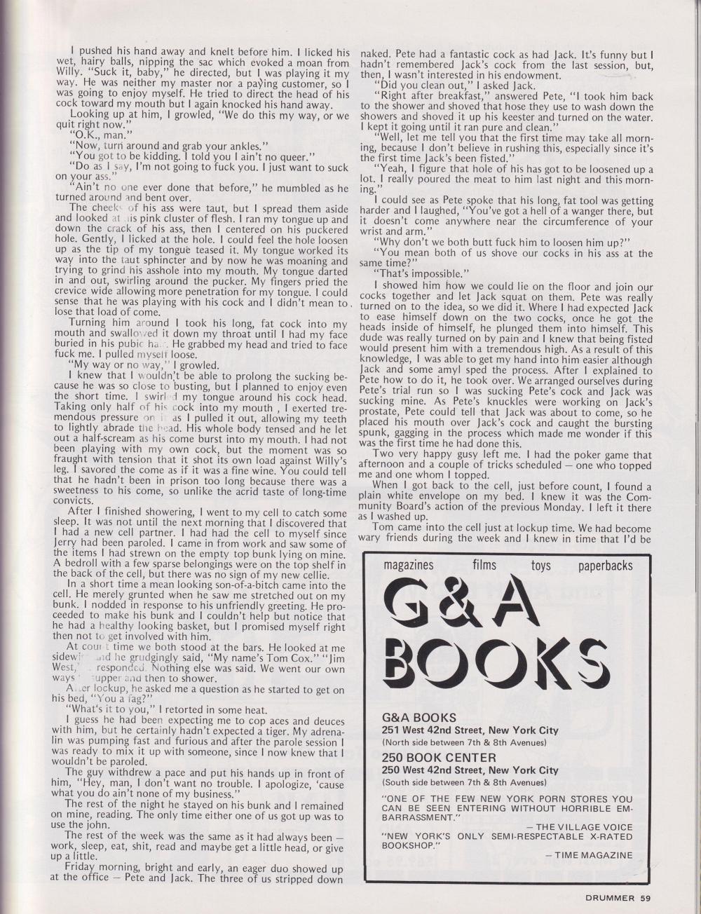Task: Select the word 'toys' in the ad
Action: tap(540, 565)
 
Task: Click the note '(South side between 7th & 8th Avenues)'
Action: tap(466, 782)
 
